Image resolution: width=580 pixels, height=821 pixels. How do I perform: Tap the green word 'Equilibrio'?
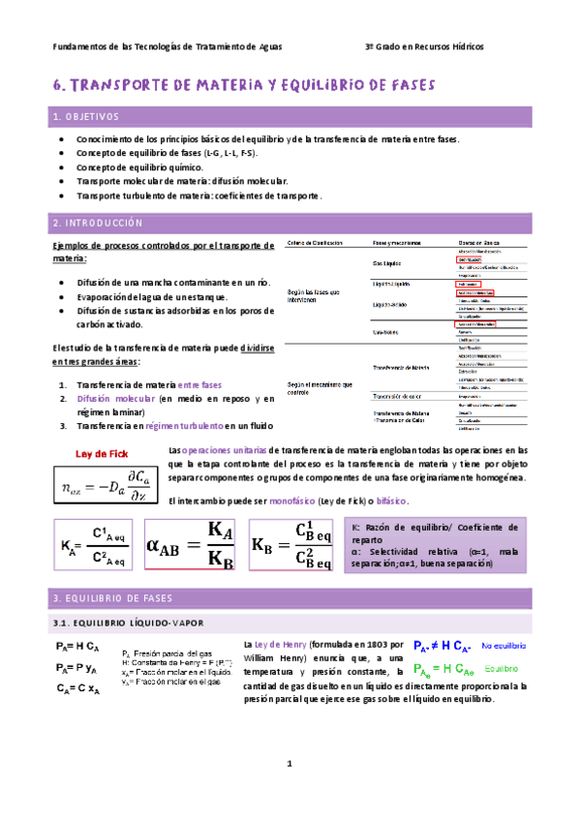(502, 670)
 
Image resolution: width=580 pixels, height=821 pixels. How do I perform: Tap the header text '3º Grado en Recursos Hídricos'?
(424, 46)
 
